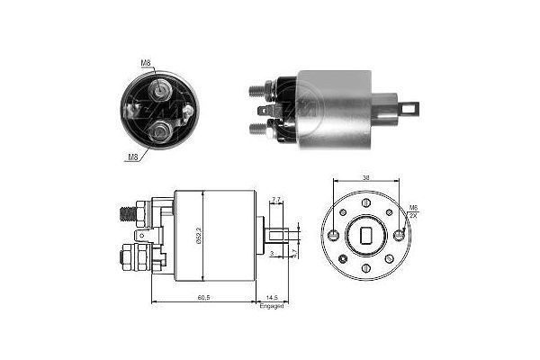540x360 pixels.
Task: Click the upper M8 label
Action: [x=146, y=62]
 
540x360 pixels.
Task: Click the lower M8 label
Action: [x=131, y=156]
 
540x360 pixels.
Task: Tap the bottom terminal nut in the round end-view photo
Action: [x=159, y=131]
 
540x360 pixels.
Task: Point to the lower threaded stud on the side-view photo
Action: [x=257, y=129]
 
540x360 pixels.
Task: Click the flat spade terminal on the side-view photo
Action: [x=265, y=111]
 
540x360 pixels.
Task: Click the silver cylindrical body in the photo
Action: [x=335, y=108]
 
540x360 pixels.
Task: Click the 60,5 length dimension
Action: [x=204, y=297]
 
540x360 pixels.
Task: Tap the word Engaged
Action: [x=272, y=306]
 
